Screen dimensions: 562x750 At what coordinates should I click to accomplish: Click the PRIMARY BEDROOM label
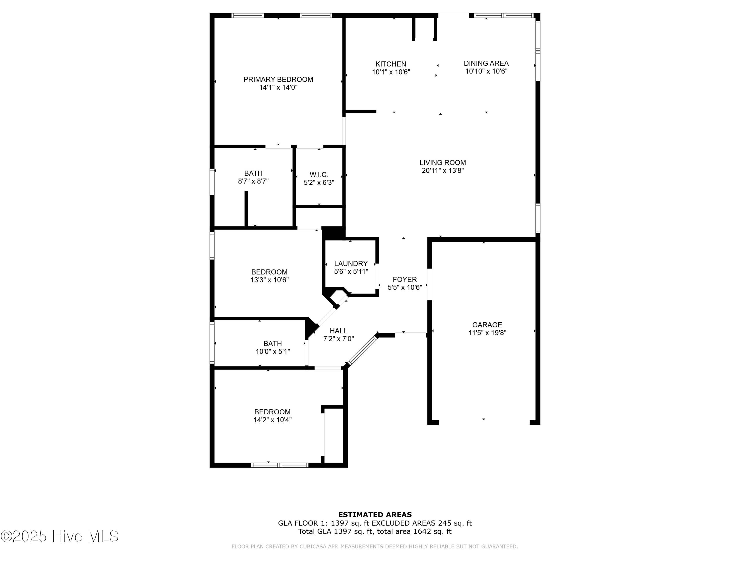pos(278,79)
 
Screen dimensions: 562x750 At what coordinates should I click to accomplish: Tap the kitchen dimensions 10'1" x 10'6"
pos(391,72)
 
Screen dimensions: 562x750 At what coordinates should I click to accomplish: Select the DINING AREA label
pos(486,63)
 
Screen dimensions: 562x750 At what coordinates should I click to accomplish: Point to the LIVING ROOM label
pos(442,163)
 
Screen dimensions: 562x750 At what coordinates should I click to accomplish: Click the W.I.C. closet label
pos(319,175)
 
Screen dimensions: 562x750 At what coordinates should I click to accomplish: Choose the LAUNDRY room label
pos(350,264)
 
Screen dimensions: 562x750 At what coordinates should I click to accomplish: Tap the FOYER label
pos(404,280)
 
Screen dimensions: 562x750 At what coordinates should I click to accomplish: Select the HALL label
pos(338,331)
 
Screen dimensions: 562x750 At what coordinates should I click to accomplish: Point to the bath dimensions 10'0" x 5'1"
pos(272,352)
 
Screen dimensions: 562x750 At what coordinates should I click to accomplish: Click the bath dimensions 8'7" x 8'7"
pos(253,181)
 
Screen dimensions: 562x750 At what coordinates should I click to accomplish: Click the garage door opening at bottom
pos(484,422)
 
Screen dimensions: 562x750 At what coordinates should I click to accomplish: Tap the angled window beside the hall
pos(362,350)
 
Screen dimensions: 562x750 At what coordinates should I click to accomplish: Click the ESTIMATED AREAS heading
pos(375,515)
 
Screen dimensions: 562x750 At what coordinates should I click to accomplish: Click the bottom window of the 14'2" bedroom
pos(280,465)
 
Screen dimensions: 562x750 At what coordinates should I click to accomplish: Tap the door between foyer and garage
pos(429,284)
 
